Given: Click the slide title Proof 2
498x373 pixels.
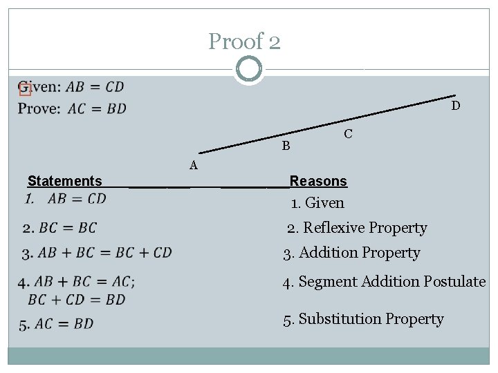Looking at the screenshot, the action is tap(245, 42).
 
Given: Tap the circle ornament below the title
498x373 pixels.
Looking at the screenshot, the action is tap(248, 69).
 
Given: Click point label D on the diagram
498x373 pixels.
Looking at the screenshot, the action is tap(455, 106).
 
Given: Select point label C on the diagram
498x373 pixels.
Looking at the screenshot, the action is tap(348, 134).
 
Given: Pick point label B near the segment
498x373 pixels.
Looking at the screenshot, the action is tap(286, 146).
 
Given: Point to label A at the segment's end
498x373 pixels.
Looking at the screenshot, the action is tap(194, 165).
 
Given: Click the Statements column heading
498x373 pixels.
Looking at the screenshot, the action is tap(65, 181).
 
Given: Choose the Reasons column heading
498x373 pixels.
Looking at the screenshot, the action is tap(318, 181).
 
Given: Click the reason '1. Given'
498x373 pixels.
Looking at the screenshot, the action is tap(317, 203).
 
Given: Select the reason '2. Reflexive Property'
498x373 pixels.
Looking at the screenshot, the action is tap(358, 228).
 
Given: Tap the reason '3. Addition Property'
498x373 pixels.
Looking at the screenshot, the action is tap(351, 253).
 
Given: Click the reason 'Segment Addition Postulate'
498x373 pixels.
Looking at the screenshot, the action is tap(385, 282).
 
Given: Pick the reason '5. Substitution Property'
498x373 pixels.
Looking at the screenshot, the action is tap(363, 319).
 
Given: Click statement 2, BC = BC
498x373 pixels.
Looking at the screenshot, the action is tap(59, 228).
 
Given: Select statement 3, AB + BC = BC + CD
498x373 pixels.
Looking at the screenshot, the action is tap(97, 253).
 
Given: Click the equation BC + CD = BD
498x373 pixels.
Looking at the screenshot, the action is tap(77, 300).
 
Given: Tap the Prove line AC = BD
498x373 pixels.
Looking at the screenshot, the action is tap(73, 108).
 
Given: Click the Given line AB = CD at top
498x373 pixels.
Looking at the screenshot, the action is tap(71, 87).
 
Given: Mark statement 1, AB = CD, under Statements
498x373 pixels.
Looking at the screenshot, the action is tap(66, 199).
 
